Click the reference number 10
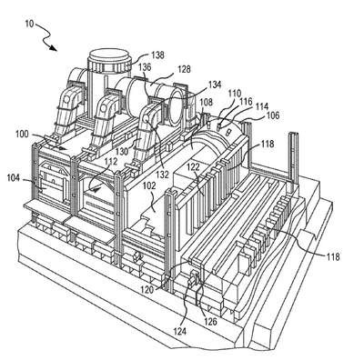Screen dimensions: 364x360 (x=29, y=24)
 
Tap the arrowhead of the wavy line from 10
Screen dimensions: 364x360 (x=54, y=48)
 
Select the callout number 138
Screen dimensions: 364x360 (x=157, y=55)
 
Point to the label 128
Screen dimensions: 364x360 (x=184, y=69)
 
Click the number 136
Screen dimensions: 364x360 (x=145, y=67)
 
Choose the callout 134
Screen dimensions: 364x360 (x=215, y=84)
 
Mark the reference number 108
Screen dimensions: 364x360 (x=207, y=102)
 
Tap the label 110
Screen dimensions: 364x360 (x=235, y=93)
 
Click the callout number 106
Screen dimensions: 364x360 (x=273, y=115)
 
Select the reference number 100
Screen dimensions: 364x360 (x=22, y=134)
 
